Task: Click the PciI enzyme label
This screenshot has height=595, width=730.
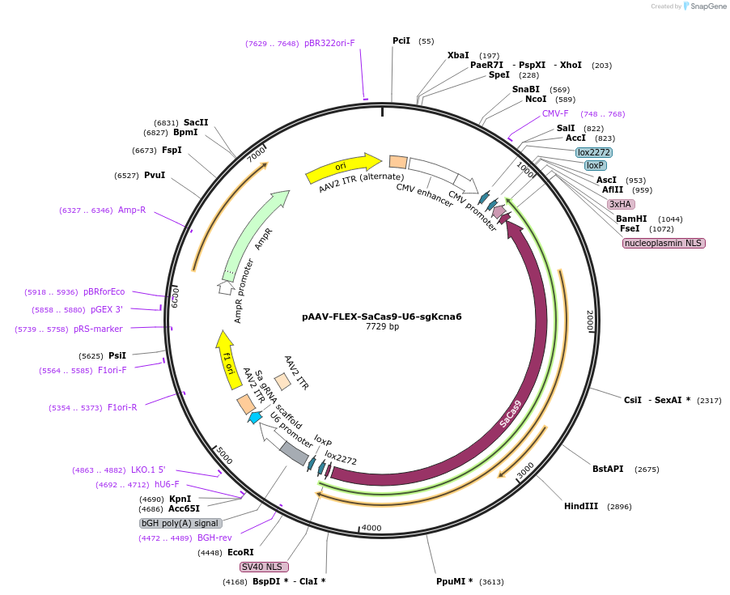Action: pyautogui.click(x=401, y=40)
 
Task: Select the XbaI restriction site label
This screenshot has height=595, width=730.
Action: pyautogui.click(x=458, y=55)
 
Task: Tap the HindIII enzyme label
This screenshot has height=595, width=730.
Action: pyautogui.click(x=581, y=506)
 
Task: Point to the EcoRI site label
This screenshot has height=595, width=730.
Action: pyautogui.click(x=240, y=552)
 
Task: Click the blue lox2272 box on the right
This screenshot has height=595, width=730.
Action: pyautogui.click(x=594, y=152)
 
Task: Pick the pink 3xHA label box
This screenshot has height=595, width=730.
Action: pyautogui.click(x=621, y=204)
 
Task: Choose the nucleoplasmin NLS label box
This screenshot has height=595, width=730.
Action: pyautogui.click(x=664, y=243)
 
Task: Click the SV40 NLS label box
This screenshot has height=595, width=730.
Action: pyautogui.click(x=264, y=567)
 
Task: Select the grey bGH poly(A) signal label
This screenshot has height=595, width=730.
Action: pyautogui.click(x=180, y=523)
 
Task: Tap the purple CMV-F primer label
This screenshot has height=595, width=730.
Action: pyautogui.click(x=555, y=113)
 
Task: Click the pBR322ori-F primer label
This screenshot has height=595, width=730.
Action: pyautogui.click(x=329, y=43)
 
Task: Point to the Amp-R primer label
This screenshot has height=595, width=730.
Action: pyautogui.click(x=132, y=210)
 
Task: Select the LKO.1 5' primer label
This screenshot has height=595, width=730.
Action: pyautogui.click(x=148, y=470)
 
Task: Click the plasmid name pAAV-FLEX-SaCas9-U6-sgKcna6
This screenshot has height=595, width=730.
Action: pyautogui.click(x=382, y=317)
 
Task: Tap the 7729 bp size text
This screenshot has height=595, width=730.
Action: pyautogui.click(x=382, y=327)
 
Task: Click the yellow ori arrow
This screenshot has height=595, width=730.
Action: pyautogui.click(x=343, y=167)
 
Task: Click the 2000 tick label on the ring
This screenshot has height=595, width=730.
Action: pyautogui.click(x=590, y=320)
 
